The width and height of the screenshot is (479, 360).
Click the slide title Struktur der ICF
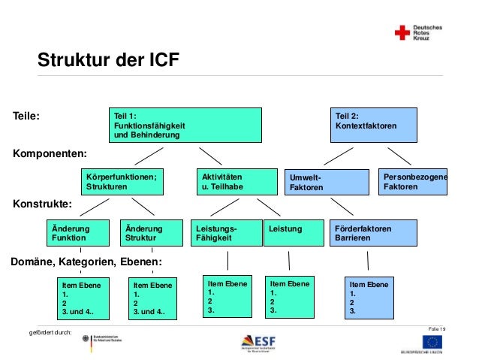tap(109, 59)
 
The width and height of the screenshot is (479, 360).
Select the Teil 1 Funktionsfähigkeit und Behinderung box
tap(185, 125)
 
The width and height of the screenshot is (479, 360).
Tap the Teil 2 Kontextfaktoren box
tap(375, 125)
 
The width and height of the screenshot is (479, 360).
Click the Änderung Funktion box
tap(77, 233)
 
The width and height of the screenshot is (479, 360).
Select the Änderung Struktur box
tap(151, 233)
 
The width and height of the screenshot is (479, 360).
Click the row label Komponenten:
tap(50, 154)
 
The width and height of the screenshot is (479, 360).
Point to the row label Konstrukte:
tap(43, 203)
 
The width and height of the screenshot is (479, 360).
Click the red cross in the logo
tap(402, 32)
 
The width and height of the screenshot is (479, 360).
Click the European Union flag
tap(432, 342)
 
